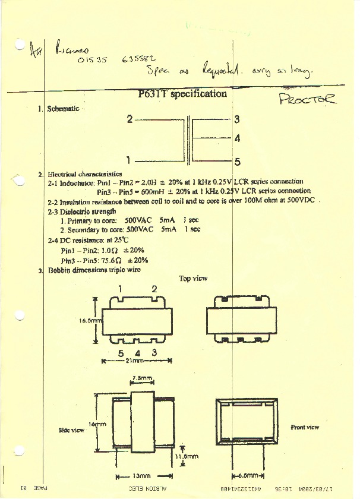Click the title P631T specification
[x=182, y=94]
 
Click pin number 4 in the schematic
[x=236, y=138]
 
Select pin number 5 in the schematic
[x=236, y=161]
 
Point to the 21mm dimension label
[x=135, y=361]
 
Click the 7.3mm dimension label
[x=143, y=378]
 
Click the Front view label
[x=304, y=427]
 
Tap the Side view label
[x=72, y=429]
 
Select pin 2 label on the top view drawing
[x=154, y=289]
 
